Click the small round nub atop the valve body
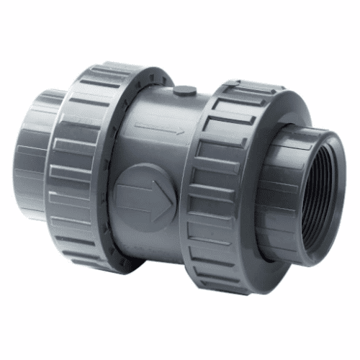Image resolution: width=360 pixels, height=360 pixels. pyautogui.click(x=185, y=91)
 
